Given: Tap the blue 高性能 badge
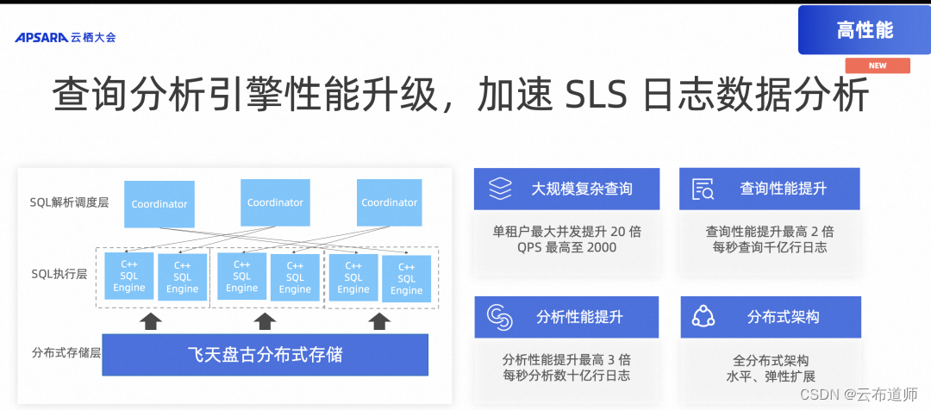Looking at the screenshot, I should (x=864, y=30).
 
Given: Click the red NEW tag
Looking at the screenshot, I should (x=877, y=65).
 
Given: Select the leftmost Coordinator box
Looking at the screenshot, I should (x=159, y=205).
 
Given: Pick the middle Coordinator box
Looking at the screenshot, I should (x=275, y=202).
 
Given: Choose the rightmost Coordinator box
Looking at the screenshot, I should (x=389, y=202).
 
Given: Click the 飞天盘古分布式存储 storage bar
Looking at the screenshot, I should (x=265, y=354).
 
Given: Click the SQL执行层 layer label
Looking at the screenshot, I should (x=56, y=275).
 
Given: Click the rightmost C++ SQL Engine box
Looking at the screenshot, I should (x=406, y=279).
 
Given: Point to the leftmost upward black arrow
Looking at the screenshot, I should (x=151, y=320).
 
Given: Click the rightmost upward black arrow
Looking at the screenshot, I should (x=379, y=320).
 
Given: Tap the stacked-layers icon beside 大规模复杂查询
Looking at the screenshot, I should (x=501, y=188).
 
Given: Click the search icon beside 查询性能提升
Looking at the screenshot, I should (x=703, y=189).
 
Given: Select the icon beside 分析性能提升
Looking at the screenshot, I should (x=500, y=317).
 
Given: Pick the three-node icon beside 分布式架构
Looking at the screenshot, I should (x=703, y=318).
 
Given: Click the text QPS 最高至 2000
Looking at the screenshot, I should (x=566, y=247).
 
